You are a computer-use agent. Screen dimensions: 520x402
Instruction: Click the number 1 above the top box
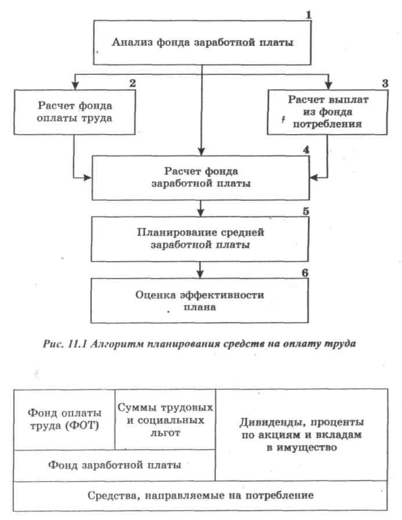(x=309, y=12)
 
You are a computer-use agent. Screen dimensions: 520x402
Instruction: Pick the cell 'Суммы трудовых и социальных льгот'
(x=165, y=418)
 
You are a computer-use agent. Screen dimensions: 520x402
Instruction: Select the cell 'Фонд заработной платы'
(x=115, y=465)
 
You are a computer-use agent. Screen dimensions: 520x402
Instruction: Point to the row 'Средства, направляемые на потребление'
(x=201, y=496)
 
